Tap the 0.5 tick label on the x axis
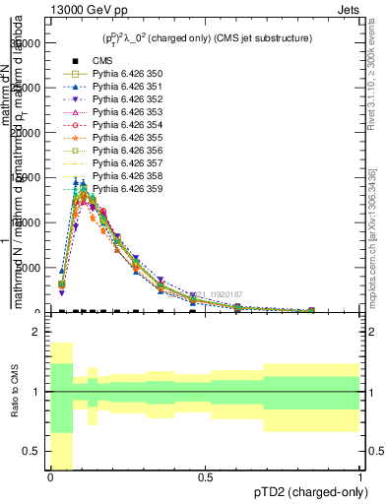(x=205, y=478)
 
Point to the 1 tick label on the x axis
(x=359, y=478)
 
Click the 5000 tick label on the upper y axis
(x=26, y=268)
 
